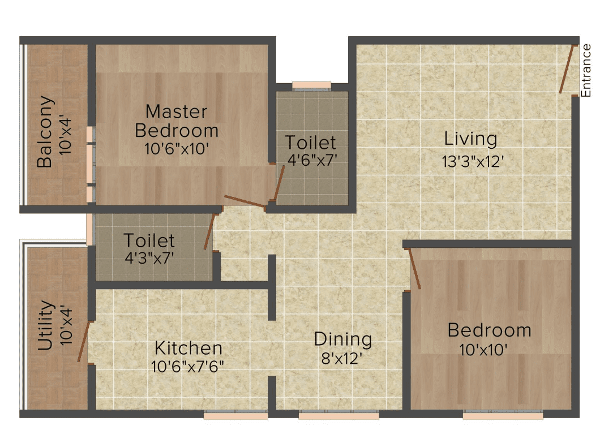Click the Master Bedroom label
click(177, 121)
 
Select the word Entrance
click(586, 71)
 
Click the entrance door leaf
click(567, 69)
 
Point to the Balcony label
click(44, 132)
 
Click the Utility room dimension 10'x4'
click(66, 325)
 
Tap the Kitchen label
click(188, 348)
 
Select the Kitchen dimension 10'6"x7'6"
click(187, 367)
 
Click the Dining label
click(343, 339)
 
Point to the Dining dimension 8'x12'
click(342, 359)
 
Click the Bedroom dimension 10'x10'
click(483, 349)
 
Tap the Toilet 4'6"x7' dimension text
click(312, 160)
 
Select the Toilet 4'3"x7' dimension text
click(149, 258)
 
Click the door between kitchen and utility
click(83, 342)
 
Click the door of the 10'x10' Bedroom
click(415, 268)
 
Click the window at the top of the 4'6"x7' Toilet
click(311, 86)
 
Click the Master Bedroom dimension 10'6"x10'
click(177, 149)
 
